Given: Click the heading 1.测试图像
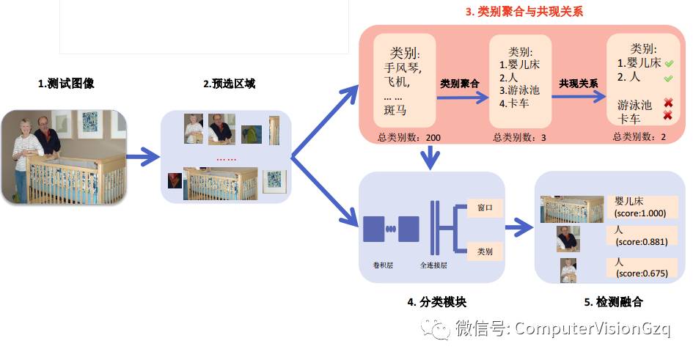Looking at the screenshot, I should click(66, 84).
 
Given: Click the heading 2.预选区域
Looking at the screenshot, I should click(229, 84).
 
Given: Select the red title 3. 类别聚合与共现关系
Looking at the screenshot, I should click(524, 12).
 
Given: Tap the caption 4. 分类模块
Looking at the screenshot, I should click(435, 302).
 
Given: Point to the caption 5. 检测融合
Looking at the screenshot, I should click(612, 302).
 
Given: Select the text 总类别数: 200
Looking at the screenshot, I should click(409, 137).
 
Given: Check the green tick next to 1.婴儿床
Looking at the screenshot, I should click(668, 62).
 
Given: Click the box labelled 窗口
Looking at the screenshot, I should click(485, 208).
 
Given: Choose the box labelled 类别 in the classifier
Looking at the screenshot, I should click(485, 251).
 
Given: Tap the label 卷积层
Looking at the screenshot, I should click(384, 263).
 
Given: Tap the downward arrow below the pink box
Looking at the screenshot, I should click(433, 156).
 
